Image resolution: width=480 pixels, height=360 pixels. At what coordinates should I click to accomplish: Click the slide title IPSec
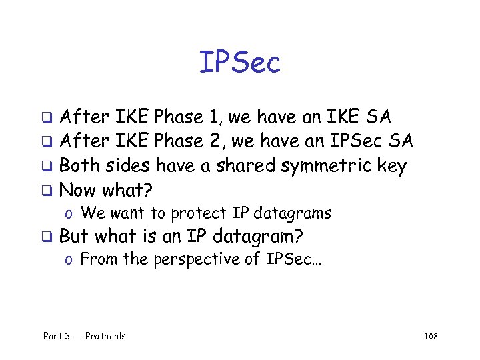click(x=240, y=63)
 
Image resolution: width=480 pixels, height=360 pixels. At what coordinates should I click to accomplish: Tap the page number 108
click(x=430, y=336)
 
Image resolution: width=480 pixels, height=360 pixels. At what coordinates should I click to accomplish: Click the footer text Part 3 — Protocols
click(x=85, y=336)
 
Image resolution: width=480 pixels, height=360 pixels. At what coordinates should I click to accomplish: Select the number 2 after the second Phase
click(x=214, y=141)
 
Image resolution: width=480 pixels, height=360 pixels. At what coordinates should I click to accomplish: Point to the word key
click(x=391, y=166)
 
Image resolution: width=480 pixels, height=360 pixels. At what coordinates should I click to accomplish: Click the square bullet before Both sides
click(x=48, y=167)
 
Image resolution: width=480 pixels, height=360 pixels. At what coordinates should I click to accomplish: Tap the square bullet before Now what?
click(x=48, y=191)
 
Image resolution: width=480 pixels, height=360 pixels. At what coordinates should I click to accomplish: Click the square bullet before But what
click(x=48, y=237)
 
